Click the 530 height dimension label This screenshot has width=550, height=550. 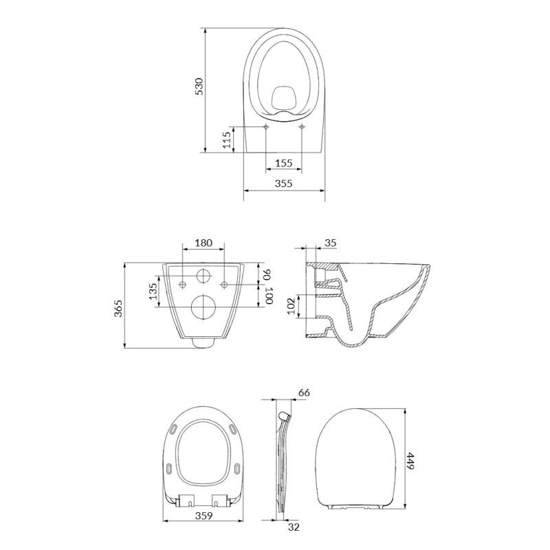pos(199,87)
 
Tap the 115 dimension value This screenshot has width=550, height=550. pos(227,140)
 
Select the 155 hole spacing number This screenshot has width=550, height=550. pos(283,163)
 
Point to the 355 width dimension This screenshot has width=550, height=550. pos(283,183)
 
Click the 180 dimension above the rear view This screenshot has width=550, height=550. pos(203,243)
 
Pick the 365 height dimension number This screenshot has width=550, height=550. pos(118,308)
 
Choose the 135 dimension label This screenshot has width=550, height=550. pos(153,291)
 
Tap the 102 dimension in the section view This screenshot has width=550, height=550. pos(291,306)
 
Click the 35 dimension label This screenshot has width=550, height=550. pos(331,243)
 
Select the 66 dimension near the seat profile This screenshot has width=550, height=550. pos(304,393)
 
